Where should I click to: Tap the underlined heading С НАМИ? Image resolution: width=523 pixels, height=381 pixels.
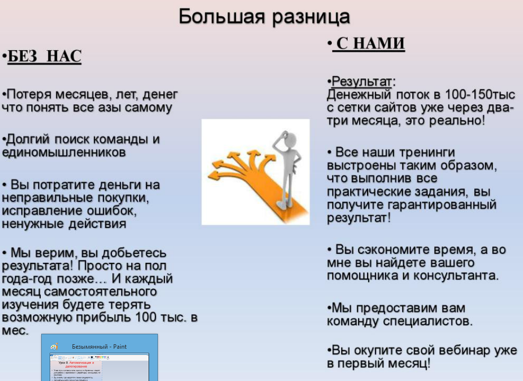370,44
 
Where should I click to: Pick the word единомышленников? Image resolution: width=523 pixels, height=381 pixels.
64,152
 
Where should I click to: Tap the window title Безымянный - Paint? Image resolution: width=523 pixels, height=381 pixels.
99,346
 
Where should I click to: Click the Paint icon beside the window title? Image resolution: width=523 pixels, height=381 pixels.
54,347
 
